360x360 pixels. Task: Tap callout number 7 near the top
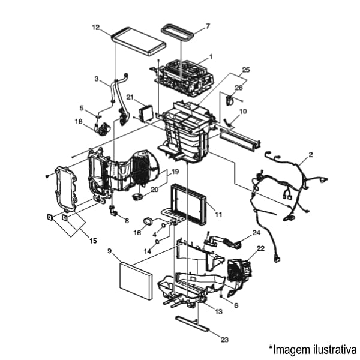coord(208,26)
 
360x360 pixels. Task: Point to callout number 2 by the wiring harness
coord(310,155)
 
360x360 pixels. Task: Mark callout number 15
coord(92,241)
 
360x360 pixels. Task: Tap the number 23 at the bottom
coord(224,340)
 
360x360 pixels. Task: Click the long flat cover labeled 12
coord(139,40)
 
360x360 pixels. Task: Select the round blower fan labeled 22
coord(241,268)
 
